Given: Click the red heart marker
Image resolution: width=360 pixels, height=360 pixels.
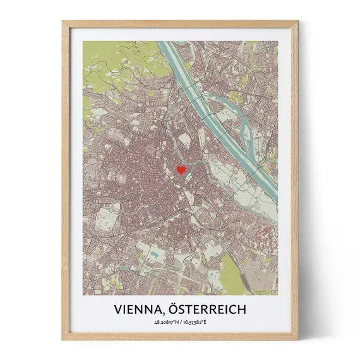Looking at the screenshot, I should point(181,169).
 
